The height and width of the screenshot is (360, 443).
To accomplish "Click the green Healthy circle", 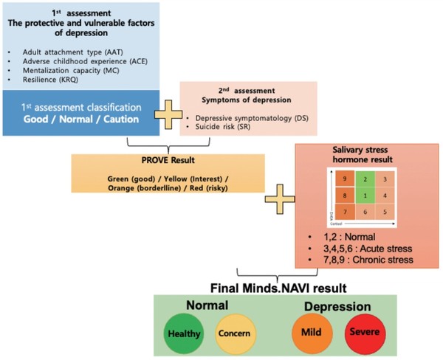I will [x=185, y=333].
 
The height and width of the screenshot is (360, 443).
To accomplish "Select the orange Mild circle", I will [x=311, y=333].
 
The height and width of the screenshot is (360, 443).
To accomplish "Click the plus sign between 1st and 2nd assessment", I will [x=169, y=117].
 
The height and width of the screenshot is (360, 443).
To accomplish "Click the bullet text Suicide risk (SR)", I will [x=221, y=127].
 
